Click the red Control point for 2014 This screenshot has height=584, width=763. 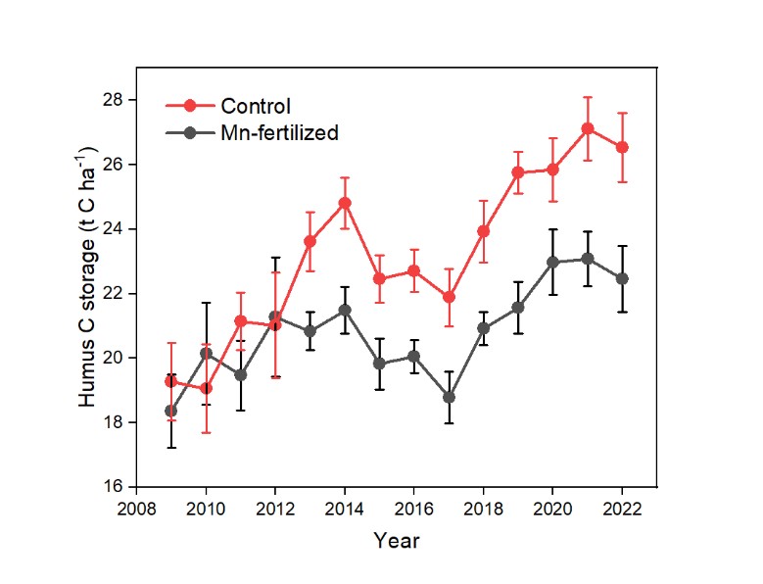point(345,203)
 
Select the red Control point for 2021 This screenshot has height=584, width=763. point(587,128)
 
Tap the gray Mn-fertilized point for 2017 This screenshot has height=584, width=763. point(450,398)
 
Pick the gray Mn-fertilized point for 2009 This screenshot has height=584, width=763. point(171,411)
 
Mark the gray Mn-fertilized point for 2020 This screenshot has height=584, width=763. point(552,262)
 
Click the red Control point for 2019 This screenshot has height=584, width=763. point(518,172)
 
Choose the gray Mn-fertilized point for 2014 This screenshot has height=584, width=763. point(345,310)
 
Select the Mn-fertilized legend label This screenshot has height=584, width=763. point(280,132)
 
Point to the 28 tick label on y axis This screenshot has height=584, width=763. point(113,100)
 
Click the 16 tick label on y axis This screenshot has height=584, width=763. point(113,486)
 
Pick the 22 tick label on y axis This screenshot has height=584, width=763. point(113,293)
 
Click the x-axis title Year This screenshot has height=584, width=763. point(397,539)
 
